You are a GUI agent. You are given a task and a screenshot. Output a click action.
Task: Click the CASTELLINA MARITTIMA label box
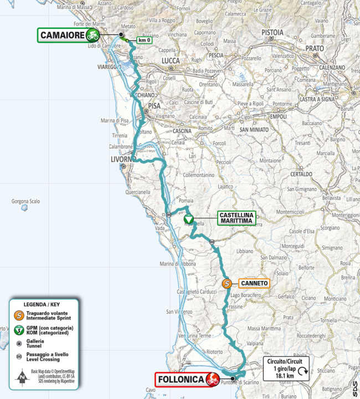pos(236,218)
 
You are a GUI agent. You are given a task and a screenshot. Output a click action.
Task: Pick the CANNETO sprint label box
pos(254,283)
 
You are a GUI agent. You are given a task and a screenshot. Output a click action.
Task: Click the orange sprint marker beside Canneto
pos(227,284)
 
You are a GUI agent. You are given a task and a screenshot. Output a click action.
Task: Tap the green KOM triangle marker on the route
pos(188,219)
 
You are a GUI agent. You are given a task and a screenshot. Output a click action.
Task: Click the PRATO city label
pos(314,48)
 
